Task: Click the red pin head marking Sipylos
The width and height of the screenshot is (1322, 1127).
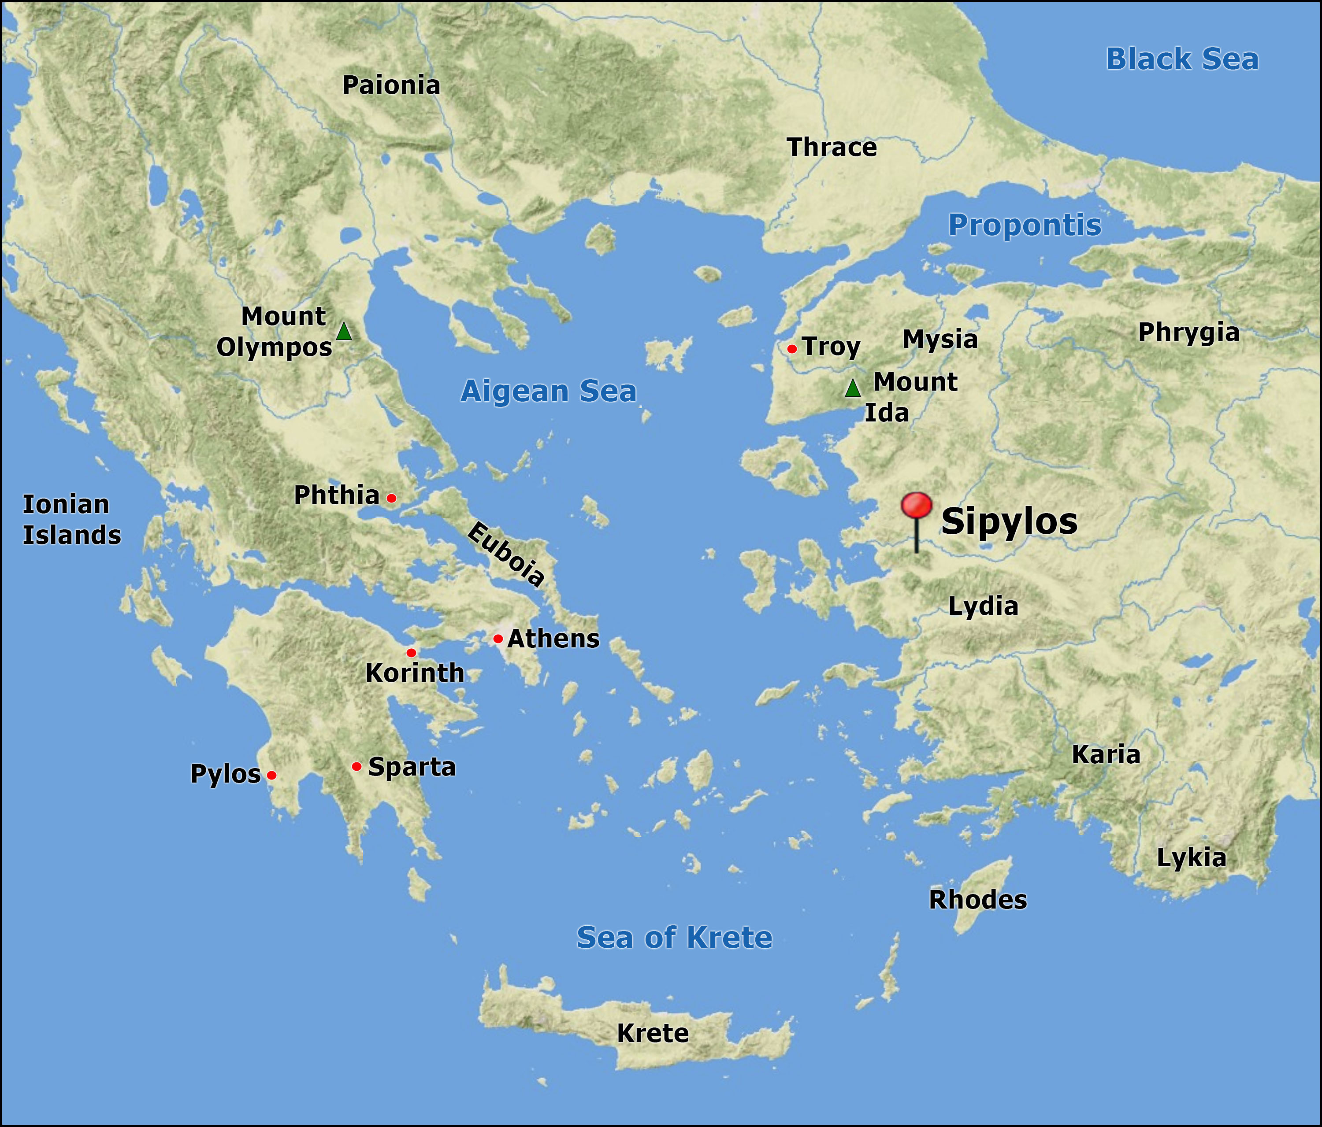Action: coord(916,505)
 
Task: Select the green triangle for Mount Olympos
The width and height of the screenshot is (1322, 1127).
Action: coord(344,332)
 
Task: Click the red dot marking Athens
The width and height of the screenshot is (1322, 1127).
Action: coord(498,639)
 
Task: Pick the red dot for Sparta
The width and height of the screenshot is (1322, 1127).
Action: coord(356,766)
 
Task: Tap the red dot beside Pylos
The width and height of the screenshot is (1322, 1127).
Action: coord(271,775)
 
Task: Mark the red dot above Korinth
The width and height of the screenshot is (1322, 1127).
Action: coord(411,653)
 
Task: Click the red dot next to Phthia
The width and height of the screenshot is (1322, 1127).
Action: coord(391,498)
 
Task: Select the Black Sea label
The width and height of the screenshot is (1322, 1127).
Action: coord(1181,59)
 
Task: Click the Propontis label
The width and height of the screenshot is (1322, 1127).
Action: coord(1024,225)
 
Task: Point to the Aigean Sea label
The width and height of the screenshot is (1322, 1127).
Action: coord(548,391)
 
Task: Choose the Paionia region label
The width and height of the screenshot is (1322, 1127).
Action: coord(391,85)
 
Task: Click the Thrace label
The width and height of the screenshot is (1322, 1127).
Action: coord(832,148)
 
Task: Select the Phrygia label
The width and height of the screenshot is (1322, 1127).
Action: coord(1188,333)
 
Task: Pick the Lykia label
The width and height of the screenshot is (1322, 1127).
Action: coord(1191,858)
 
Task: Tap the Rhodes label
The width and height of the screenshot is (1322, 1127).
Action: coord(977,900)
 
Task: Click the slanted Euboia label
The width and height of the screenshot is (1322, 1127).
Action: coord(506,554)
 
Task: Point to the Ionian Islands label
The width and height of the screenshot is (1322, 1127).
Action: coord(71,520)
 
